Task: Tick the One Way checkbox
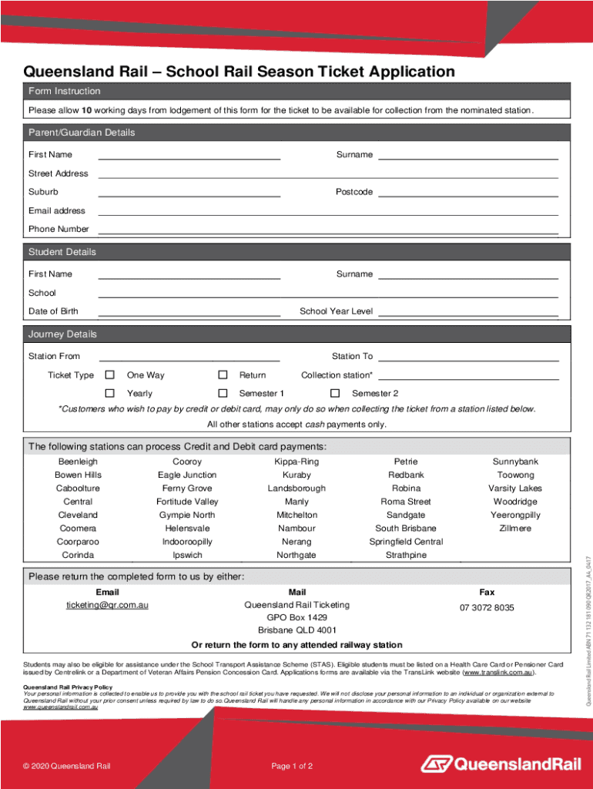tap(110, 375)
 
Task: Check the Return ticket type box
tap(223, 375)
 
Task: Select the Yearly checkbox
tap(110, 394)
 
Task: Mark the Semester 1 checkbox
tap(223, 394)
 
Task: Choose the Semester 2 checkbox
tap(335, 394)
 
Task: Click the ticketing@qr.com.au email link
tap(107, 606)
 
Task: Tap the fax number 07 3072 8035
tap(487, 608)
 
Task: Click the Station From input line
tap(189, 356)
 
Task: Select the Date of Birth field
tap(189, 311)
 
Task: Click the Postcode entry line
tap(467, 192)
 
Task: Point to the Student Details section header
tap(62, 252)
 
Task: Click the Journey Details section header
tap(63, 334)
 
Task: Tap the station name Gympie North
tap(187, 515)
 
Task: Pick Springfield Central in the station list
tap(406, 542)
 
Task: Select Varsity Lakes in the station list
tap(515, 489)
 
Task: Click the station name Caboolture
tap(78, 489)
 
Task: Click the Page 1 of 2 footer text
tap(292, 744)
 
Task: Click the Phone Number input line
tap(327, 229)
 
